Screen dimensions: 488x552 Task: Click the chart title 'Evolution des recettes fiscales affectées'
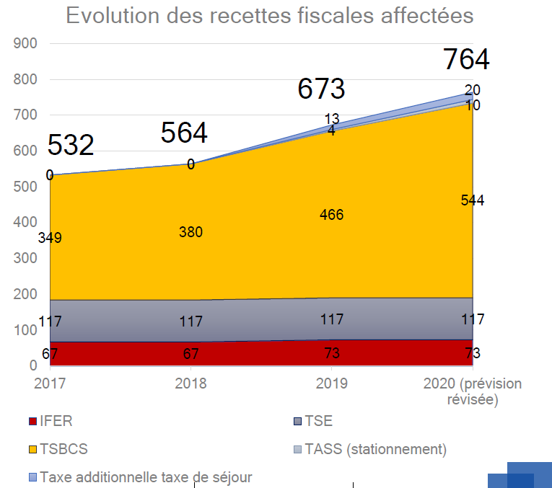pos(270,16)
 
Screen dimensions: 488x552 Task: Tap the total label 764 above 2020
pos(466,59)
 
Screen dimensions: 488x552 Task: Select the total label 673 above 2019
pos(322,89)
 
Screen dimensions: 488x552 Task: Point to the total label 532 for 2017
pos(71,145)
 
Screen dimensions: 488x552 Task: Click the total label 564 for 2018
pos(184,133)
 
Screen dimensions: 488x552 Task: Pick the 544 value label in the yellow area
pos(473,200)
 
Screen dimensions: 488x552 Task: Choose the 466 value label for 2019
pos(332,215)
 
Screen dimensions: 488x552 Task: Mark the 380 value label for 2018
pos(191,232)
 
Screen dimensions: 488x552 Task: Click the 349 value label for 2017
pos(50,238)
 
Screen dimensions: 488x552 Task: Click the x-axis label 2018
pos(190,383)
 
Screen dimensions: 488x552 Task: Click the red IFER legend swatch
pos(32,422)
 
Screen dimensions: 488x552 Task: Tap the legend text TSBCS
pos(64,449)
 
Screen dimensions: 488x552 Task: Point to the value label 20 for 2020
pos(473,90)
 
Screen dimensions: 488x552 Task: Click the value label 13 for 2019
pos(332,119)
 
